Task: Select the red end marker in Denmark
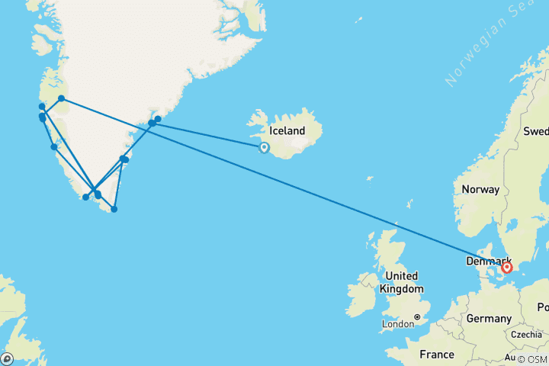click(506, 268)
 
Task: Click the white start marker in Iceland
click(264, 148)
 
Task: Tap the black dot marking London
click(417, 316)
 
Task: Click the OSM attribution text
click(532, 359)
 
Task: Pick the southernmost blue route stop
click(114, 209)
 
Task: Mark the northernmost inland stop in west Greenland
click(61, 98)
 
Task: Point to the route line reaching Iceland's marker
click(213, 136)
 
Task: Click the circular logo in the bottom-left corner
click(7, 358)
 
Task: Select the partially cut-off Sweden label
click(535, 130)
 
